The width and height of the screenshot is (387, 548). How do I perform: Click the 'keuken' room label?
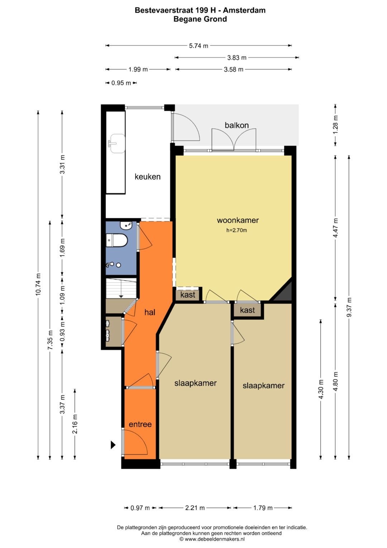click(148, 177)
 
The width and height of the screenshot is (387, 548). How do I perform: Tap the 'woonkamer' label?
click(238, 220)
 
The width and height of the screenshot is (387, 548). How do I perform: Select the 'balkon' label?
click(236, 125)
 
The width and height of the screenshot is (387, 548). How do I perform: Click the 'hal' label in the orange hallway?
click(150, 312)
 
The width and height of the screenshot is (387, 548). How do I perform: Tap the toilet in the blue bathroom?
click(116, 240)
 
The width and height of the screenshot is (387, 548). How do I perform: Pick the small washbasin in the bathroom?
click(126, 225)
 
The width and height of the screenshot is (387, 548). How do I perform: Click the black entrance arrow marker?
click(113, 445)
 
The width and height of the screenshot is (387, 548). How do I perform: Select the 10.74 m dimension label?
click(38, 285)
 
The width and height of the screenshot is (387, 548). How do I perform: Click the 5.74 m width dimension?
click(199, 46)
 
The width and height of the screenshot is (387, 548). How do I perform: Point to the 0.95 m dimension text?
click(121, 83)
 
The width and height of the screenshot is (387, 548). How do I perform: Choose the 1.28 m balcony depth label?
click(335, 125)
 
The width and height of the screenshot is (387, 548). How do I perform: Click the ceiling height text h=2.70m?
click(236, 230)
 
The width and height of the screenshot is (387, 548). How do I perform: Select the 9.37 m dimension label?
click(349, 307)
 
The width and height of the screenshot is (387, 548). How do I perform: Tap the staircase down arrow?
click(121, 296)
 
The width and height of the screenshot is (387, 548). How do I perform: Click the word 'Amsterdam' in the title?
click(244, 10)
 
